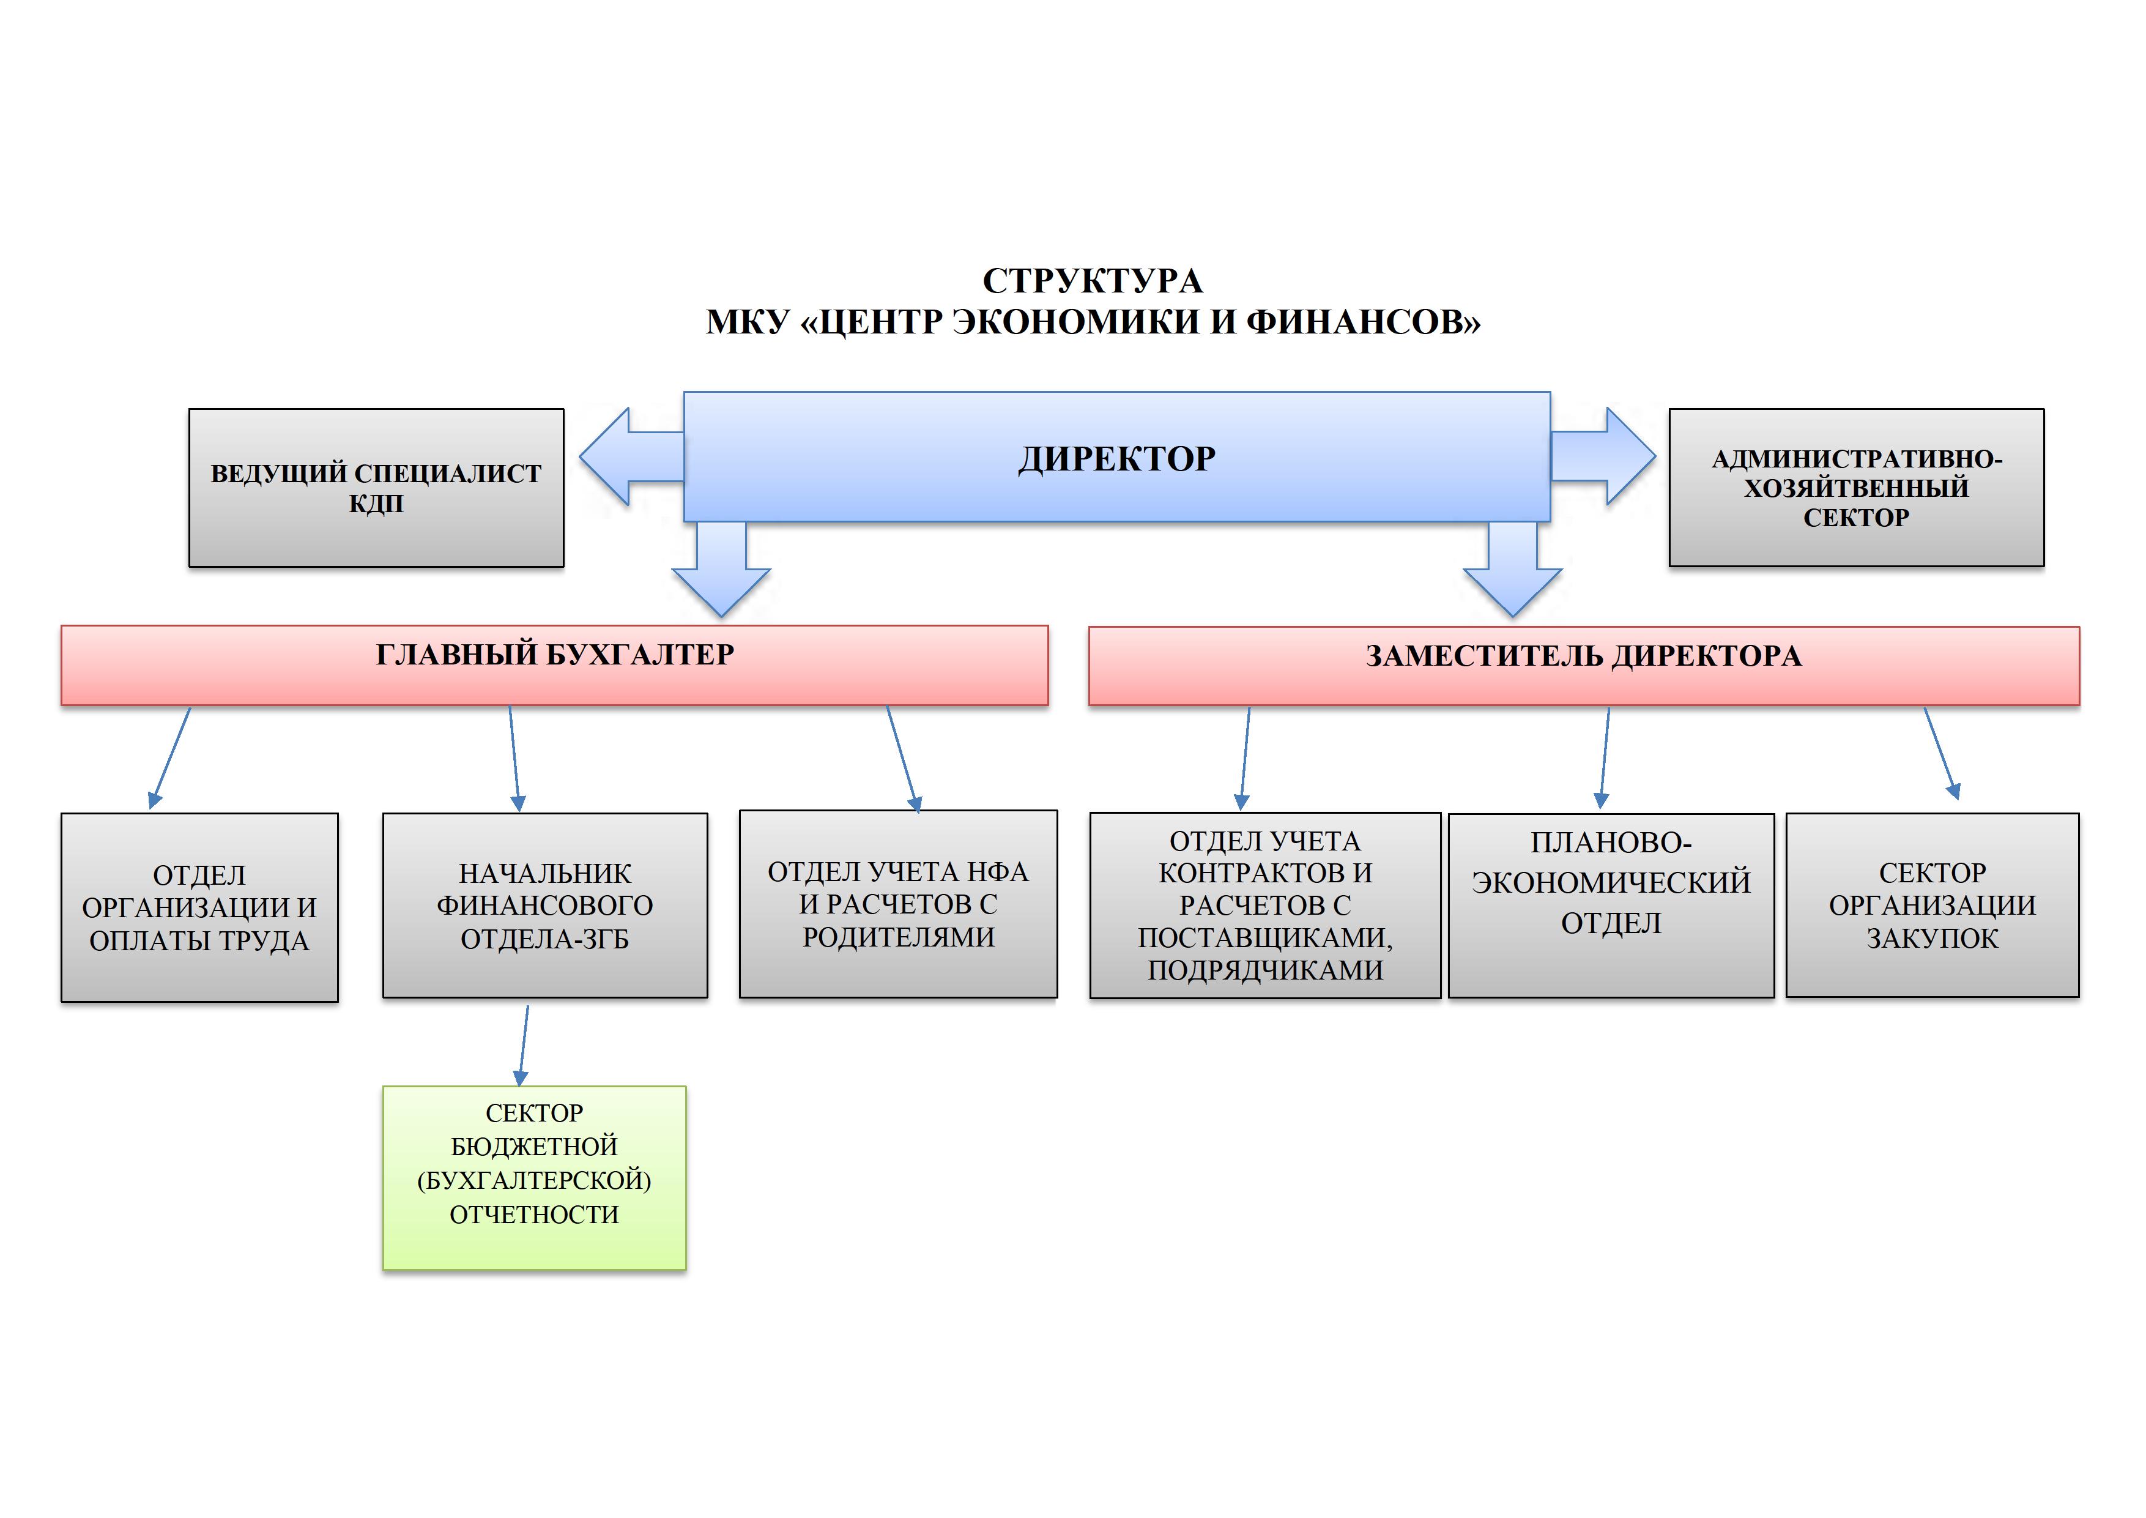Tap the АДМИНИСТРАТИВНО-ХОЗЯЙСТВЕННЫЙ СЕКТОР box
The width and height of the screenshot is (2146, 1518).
tap(1855, 487)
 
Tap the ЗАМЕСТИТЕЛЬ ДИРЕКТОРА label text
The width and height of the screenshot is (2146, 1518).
tap(1583, 656)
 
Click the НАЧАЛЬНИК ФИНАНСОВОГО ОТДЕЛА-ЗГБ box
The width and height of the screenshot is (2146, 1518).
tap(545, 905)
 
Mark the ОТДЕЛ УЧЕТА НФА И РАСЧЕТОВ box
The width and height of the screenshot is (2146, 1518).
tap(898, 904)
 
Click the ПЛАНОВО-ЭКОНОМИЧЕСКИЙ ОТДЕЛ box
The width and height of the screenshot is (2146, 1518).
tap(1611, 905)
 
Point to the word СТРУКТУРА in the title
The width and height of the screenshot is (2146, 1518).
tap(1092, 280)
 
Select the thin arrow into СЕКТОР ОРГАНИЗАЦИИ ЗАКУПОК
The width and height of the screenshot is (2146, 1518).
tap(1940, 753)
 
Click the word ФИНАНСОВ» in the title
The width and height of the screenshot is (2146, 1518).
tap(1363, 322)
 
